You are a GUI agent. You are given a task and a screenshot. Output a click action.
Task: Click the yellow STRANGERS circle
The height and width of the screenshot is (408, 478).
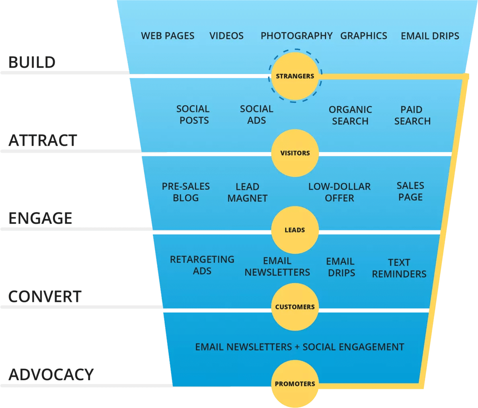tap(295, 76)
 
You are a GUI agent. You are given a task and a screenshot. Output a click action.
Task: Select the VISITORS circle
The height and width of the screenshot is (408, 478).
tap(295, 153)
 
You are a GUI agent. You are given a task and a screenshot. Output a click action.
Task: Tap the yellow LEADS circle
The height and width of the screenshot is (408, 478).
tap(295, 230)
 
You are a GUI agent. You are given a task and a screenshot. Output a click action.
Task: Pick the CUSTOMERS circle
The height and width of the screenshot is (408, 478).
tap(295, 307)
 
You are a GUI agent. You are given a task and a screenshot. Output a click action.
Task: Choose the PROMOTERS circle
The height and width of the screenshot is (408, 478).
tap(295, 384)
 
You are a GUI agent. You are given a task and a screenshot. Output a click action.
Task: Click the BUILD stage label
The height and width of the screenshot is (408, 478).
tap(32, 62)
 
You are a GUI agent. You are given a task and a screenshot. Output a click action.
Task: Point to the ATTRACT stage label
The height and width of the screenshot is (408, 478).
tap(42, 141)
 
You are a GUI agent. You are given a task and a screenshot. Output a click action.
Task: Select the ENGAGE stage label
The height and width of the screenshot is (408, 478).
tap(40, 218)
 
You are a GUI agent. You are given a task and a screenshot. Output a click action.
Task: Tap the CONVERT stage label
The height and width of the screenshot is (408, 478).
tap(45, 297)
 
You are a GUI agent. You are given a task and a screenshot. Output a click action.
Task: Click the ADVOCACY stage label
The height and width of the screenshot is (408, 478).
tap(51, 374)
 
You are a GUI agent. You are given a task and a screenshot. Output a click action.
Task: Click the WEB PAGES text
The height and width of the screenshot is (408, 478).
tap(168, 36)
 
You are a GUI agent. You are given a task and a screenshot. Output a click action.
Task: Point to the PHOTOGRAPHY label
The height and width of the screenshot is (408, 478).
tap(296, 36)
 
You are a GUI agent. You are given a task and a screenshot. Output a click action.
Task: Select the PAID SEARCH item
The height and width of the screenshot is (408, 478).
tap(412, 115)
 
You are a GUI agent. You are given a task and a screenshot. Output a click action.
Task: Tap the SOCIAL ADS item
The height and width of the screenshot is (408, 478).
tap(256, 115)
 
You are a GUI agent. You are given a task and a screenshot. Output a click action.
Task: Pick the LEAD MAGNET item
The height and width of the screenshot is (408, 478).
tap(247, 193)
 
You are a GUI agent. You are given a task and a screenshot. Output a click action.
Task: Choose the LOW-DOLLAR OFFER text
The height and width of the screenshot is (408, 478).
tap(339, 193)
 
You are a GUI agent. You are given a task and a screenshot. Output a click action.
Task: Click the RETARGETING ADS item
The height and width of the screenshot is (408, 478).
tap(202, 265)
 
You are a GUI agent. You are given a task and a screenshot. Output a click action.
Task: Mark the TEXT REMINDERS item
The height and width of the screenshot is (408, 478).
tap(399, 268)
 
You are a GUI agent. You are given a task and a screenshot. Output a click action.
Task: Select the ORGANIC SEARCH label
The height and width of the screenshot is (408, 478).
tap(350, 115)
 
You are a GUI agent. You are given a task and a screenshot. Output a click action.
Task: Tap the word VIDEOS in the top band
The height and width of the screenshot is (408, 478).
tap(226, 36)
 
